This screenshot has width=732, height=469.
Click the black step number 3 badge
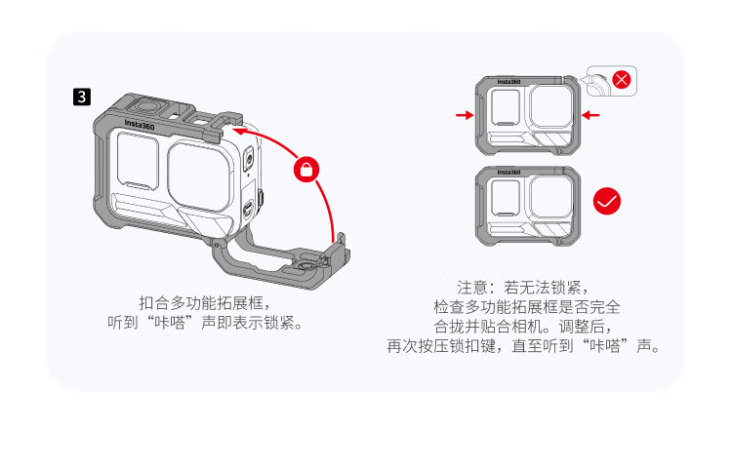[x=82, y=97]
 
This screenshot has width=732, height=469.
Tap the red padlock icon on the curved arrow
[x=306, y=170]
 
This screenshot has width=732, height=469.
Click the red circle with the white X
[x=622, y=80]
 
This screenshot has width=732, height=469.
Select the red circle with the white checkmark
[x=607, y=201]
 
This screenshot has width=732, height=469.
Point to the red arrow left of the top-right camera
[x=465, y=115]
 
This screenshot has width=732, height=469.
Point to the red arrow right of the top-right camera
[x=590, y=115]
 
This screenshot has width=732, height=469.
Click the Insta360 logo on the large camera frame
[x=140, y=125]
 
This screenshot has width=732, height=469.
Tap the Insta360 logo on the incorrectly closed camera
[x=508, y=82]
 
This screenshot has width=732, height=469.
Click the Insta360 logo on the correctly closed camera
[x=508, y=173]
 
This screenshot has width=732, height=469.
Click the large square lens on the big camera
[x=199, y=176]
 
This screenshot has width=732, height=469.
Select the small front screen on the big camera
[x=137, y=160]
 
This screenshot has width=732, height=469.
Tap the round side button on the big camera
[x=249, y=159]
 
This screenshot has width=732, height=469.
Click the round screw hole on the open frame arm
[x=305, y=266]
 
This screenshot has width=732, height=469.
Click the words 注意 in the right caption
[x=472, y=288]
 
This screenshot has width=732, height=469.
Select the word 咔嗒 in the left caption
[x=170, y=322]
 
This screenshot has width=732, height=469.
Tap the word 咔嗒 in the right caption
[x=605, y=346]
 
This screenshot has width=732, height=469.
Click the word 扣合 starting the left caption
[x=154, y=303]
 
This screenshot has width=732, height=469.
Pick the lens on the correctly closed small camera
[x=550, y=197]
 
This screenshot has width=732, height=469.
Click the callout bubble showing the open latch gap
[x=611, y=81]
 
